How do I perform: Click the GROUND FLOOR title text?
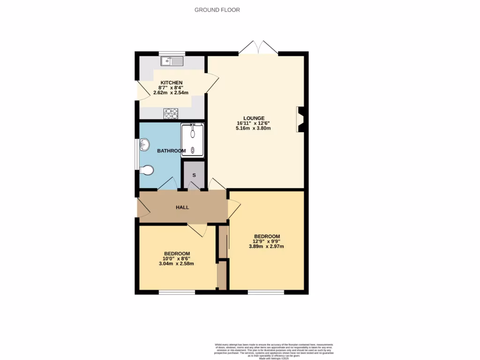[217, 10]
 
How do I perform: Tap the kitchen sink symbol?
[172, 61]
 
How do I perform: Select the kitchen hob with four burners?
[171, 113]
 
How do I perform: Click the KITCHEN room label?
[171, 82]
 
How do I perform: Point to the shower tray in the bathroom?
[193, 139]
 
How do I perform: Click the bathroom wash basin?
[144, 145]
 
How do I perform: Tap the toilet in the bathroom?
[147, 170]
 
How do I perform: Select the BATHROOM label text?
[171, 151]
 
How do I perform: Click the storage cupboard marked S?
[194, 175]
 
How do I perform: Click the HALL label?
[182, 207]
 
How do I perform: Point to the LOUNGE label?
[254, 118]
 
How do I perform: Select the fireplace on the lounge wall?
[300, 120]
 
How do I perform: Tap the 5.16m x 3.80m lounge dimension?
[254, 128]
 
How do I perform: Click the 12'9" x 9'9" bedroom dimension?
[267, 241]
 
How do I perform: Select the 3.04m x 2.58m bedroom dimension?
[176, 263]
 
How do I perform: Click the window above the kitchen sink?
[172, 53]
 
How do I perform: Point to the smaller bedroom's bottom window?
[177, 292]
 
